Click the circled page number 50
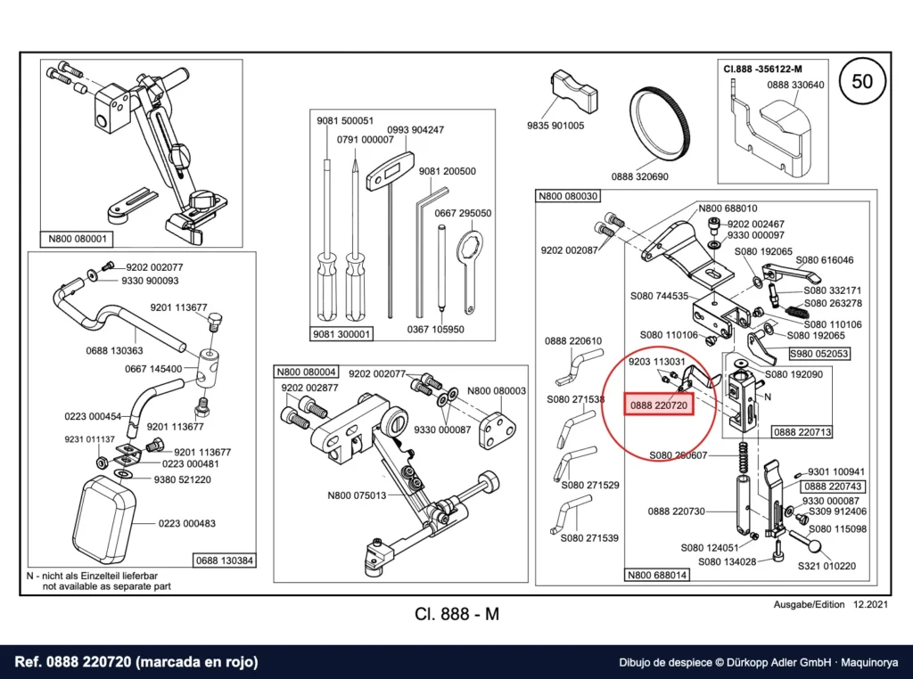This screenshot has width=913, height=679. pyautogui.click(x=862, y=81)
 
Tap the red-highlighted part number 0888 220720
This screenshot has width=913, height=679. pyautogui.click(x=659, y=405)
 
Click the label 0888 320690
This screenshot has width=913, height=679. pyautogui.click(x=640, y=176)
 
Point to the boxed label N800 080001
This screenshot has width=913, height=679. pyautogui.click(x=77, y=239)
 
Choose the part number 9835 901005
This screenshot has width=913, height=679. pyautogui.click(x=555, y=125)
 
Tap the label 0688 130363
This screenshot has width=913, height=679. pyautogui.click(x=114, y=350)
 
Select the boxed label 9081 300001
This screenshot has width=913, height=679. pyautogui.click(x=341, y=334)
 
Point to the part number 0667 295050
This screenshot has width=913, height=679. pyautogui.click(x=463, y=213)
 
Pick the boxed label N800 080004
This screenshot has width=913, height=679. pyautogui.click(x=307, y=372)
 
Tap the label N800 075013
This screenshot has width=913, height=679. pyautogui.click(x=357, y=495)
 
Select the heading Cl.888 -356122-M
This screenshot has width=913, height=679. pyautogui.click(x=763, y=69)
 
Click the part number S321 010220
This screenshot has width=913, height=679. pyautogui.click(x=827, y=566)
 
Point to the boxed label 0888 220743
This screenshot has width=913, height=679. pyautogui.click(x=833, y=486)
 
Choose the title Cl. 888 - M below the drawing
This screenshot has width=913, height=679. pyautogui.click(x=457, y=614)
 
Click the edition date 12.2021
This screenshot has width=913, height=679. pyautogui.click(x=871, y=604)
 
